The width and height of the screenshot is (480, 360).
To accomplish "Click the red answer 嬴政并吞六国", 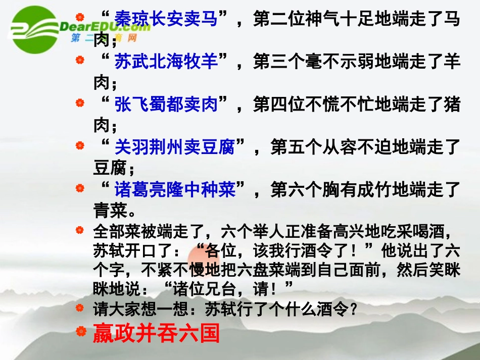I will [x=156, y=334].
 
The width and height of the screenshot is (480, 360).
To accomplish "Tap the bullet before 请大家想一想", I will [x=79, y=307].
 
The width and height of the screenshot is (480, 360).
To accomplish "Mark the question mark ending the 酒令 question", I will [x=353, y=308].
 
